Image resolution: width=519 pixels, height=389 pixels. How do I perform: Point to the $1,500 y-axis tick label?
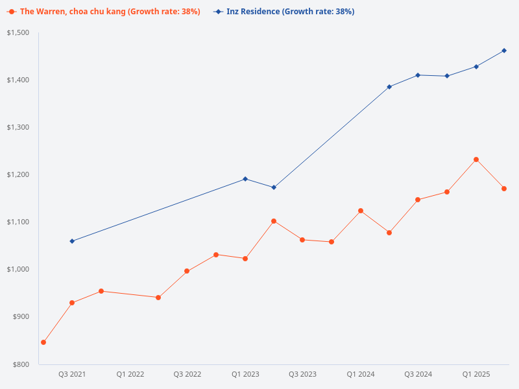tap(18, 32)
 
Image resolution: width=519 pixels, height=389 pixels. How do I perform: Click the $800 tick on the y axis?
tap(21, 364)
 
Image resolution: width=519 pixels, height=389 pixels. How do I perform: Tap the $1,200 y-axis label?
tap(18, 174)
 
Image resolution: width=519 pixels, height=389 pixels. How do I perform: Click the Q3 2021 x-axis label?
tap(72, 374)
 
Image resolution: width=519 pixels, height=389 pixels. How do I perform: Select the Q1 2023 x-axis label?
tap(245, 374)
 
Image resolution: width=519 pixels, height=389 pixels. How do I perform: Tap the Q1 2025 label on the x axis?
tap(476, 374)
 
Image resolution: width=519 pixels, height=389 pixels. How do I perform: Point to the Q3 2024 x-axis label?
tap(418, 374)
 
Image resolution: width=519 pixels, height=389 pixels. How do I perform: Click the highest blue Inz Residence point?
tap(504, 51)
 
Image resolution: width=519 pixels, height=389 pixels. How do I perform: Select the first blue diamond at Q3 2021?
tap(72, 241)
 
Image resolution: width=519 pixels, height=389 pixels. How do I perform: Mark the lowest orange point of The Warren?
tap(43, 342)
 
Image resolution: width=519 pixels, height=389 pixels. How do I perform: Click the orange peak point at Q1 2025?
tap(476, 159)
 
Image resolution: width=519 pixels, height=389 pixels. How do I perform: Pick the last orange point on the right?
tap(504, 189)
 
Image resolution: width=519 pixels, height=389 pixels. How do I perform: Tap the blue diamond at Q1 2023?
tap(245, 179)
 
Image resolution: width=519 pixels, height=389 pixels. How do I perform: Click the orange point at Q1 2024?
tap(361, 211)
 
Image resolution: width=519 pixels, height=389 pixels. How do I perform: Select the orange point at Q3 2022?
tap(187, 271)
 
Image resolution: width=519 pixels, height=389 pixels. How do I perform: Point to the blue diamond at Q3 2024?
tap(418, 75)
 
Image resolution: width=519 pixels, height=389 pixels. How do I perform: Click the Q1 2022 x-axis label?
tap(130, 374)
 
